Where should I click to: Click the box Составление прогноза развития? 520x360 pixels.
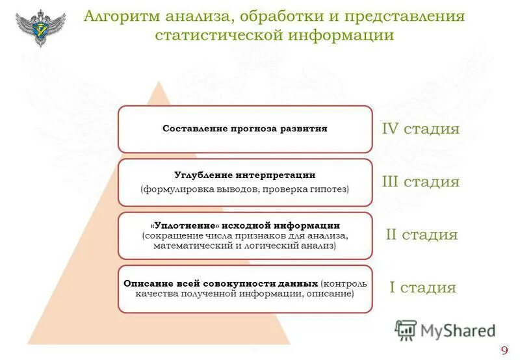(x=245, y=129)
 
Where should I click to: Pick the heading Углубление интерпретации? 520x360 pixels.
(x=245, y=175)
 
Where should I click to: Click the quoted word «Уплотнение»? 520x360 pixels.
(x=179, y=225)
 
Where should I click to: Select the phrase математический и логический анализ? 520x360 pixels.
(x=245, y=246)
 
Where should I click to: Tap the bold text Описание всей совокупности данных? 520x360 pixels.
(x=221, y=284)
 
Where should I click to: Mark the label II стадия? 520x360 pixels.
(x=421, y=235)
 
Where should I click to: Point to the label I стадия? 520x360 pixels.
(x=422, y=288)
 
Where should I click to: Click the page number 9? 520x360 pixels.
(x=504, y=351)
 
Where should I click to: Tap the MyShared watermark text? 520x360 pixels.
(x=458, y=331)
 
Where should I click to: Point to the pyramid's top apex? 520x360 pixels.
(x=158, y=82)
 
